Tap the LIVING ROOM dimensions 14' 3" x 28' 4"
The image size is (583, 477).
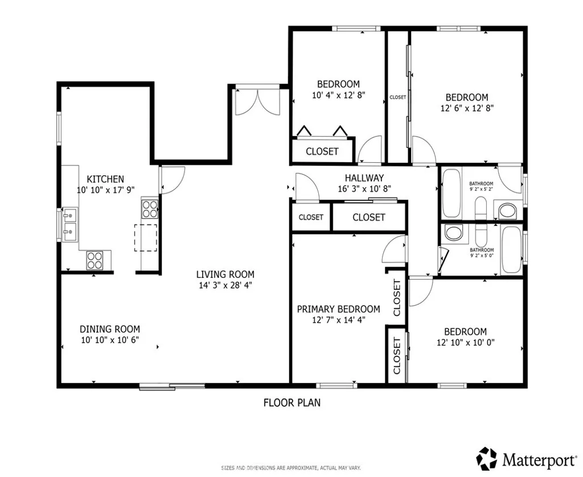(225, 285)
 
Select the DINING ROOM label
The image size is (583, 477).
(109, 329)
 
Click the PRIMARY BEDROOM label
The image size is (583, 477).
(338, 309)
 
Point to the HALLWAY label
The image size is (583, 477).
(364, 178)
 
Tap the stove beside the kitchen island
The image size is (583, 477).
(150, 208)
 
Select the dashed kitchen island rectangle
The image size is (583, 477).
(146, 237)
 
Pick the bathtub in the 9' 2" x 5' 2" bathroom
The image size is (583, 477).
(451, 193)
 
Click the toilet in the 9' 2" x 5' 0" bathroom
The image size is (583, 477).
(454, 232)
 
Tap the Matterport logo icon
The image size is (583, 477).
(487, 458)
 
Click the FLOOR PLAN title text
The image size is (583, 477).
(291, 403)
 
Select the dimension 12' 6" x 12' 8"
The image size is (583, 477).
(466, 109)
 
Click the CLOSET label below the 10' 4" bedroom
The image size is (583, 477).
(322, 151)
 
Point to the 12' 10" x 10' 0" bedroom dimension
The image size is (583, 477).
(465, 343)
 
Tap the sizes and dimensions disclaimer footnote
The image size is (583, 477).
(291, 468)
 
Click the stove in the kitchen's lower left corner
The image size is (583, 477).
(95, 260)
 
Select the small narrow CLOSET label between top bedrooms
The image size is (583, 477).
(398, 97)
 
